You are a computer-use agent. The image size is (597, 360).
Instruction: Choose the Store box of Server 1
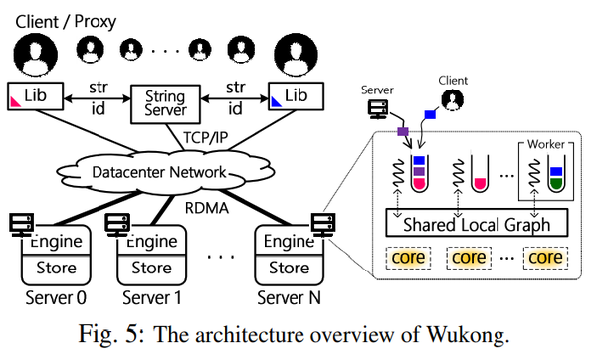152,267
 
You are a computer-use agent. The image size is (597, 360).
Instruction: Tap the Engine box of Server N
289,242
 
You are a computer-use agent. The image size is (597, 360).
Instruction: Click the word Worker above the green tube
544,146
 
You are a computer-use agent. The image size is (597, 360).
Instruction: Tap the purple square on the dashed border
403,131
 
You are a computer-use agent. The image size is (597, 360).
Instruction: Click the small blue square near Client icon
430,114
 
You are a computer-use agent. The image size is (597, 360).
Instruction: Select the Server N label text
289,296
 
